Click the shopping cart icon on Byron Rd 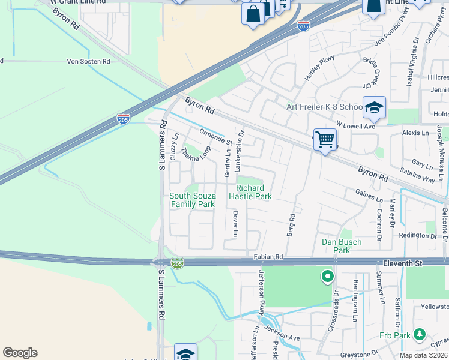(325, 139)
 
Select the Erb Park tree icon (420, 334)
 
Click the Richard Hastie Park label (251, 192)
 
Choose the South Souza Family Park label (191, 200)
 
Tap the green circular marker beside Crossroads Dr (327, 277)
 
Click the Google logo (20, 353)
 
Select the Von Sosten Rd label (88, 61)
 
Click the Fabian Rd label (268, 257)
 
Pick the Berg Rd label (291, 225)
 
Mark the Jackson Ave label (282, 338)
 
